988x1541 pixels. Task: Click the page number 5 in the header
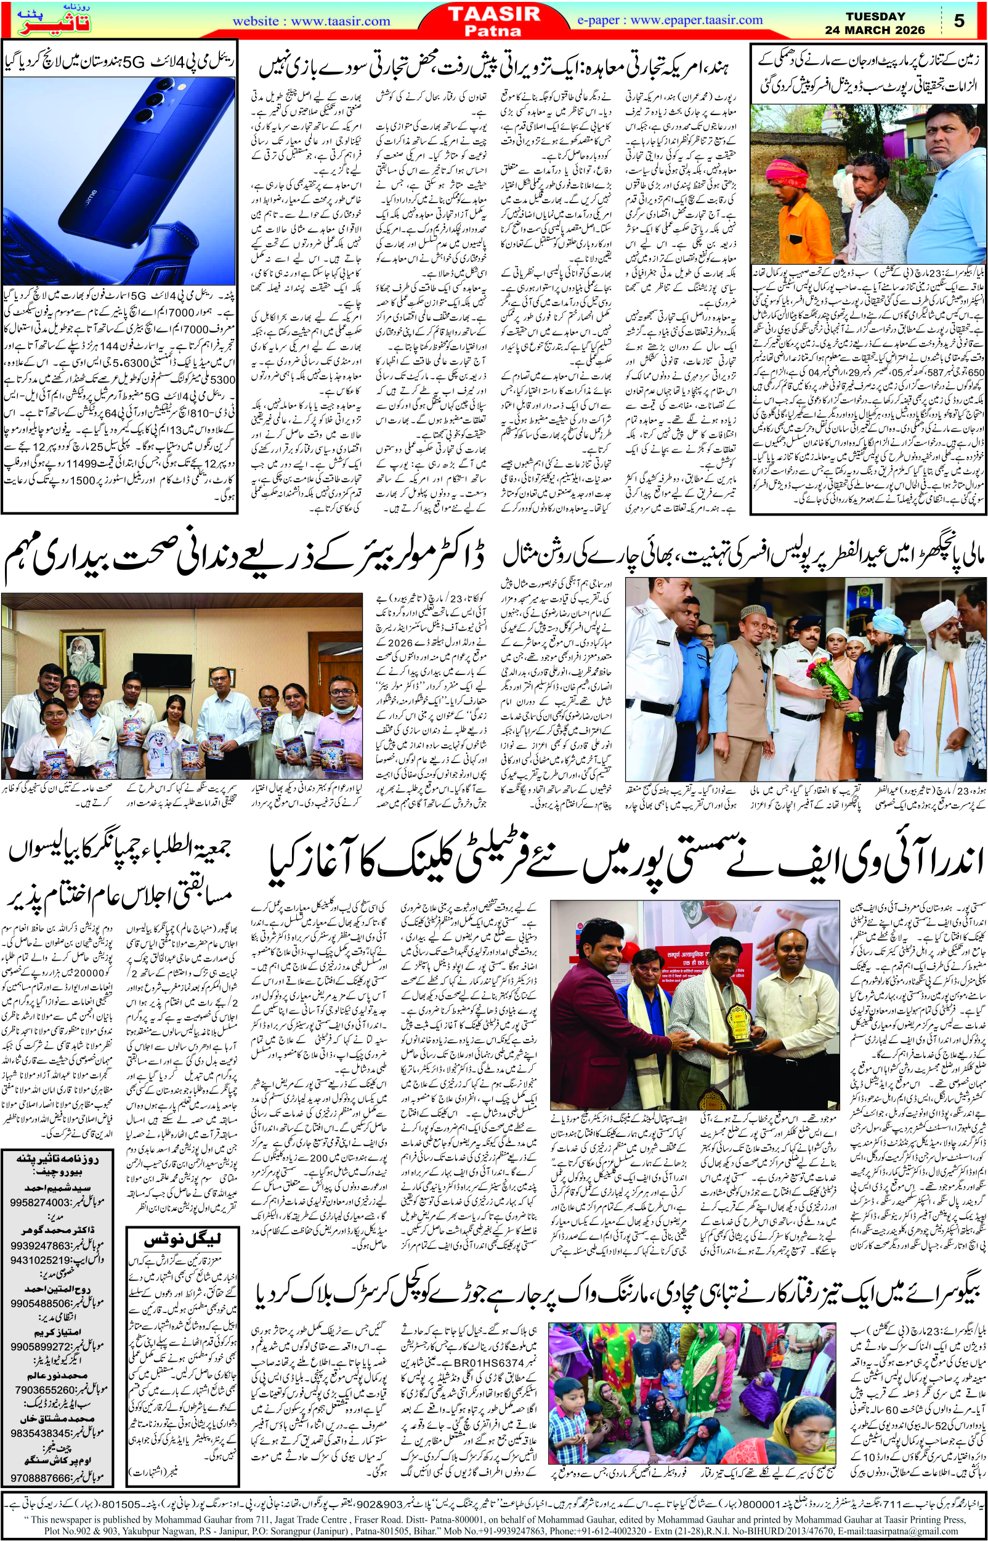[x=959, y=21]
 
